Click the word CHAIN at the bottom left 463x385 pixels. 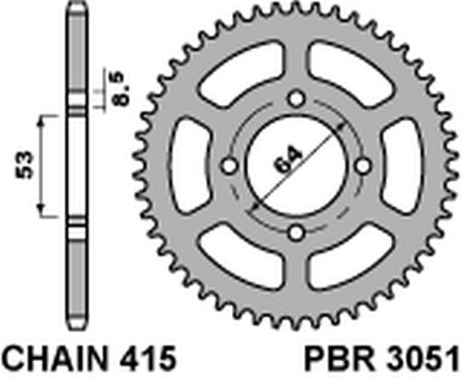[x=55, y=359]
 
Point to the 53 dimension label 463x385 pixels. [x=25, y=164]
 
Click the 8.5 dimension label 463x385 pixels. [x=120, y=88]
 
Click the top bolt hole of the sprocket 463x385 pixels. [x=296, y=99]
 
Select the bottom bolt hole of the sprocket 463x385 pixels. [x=296, y=233]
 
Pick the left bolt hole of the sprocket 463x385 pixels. [x=229, y=166]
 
